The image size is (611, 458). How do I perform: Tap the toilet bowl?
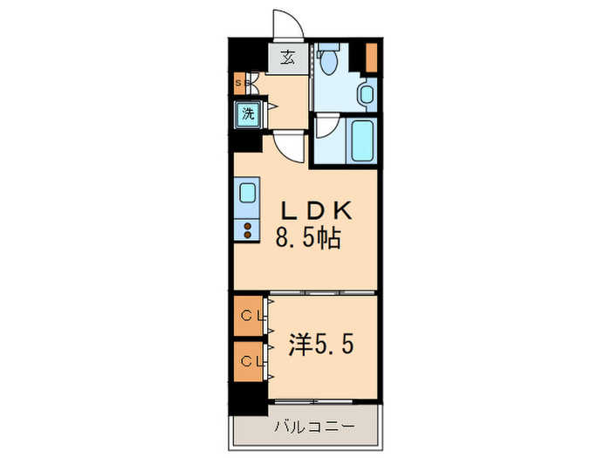[x=329, y=62]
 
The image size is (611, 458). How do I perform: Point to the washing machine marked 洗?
[x=248, y=113]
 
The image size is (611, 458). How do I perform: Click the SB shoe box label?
[x=242, y=84]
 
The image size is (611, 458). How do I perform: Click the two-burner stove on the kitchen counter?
[x=248, y=230]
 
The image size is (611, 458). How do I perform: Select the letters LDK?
[x=315, y=210]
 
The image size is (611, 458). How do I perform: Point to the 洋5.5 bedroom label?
[x=320, y=344]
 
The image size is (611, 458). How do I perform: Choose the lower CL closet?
[x=250, y=360]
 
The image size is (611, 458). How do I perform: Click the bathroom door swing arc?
[x=324, y=127]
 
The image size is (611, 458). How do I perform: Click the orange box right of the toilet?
[x=372, y=57]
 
